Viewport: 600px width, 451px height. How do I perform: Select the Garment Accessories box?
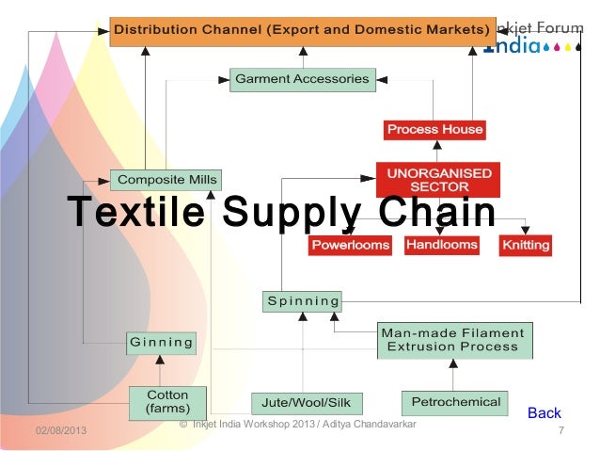click(x=302, y=79)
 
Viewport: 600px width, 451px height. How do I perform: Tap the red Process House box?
click(x=434, y=129)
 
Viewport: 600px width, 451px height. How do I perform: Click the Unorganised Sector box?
click(x=434, y=180)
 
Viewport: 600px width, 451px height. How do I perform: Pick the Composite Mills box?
click(x=165, y=179)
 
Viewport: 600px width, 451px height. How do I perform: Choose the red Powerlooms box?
click(x=352, y=246)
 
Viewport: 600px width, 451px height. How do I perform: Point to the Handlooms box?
click(x=441, y=245)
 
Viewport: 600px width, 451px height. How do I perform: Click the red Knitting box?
click(x=526, y=246)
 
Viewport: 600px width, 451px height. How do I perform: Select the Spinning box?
click(x=303, y=301)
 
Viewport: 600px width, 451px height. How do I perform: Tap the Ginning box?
click(x=161, y=342)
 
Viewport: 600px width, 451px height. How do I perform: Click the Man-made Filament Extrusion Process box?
click(x=452, y=340)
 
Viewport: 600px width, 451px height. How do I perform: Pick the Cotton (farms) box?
click(x=167, y=402)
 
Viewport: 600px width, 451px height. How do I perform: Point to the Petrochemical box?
click(x=455, y=402)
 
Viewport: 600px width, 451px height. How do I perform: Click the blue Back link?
click(x=544, y=413)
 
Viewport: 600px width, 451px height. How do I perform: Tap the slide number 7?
click(x=561, y=430)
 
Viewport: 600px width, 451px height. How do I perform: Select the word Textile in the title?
click(x=134, y=211)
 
